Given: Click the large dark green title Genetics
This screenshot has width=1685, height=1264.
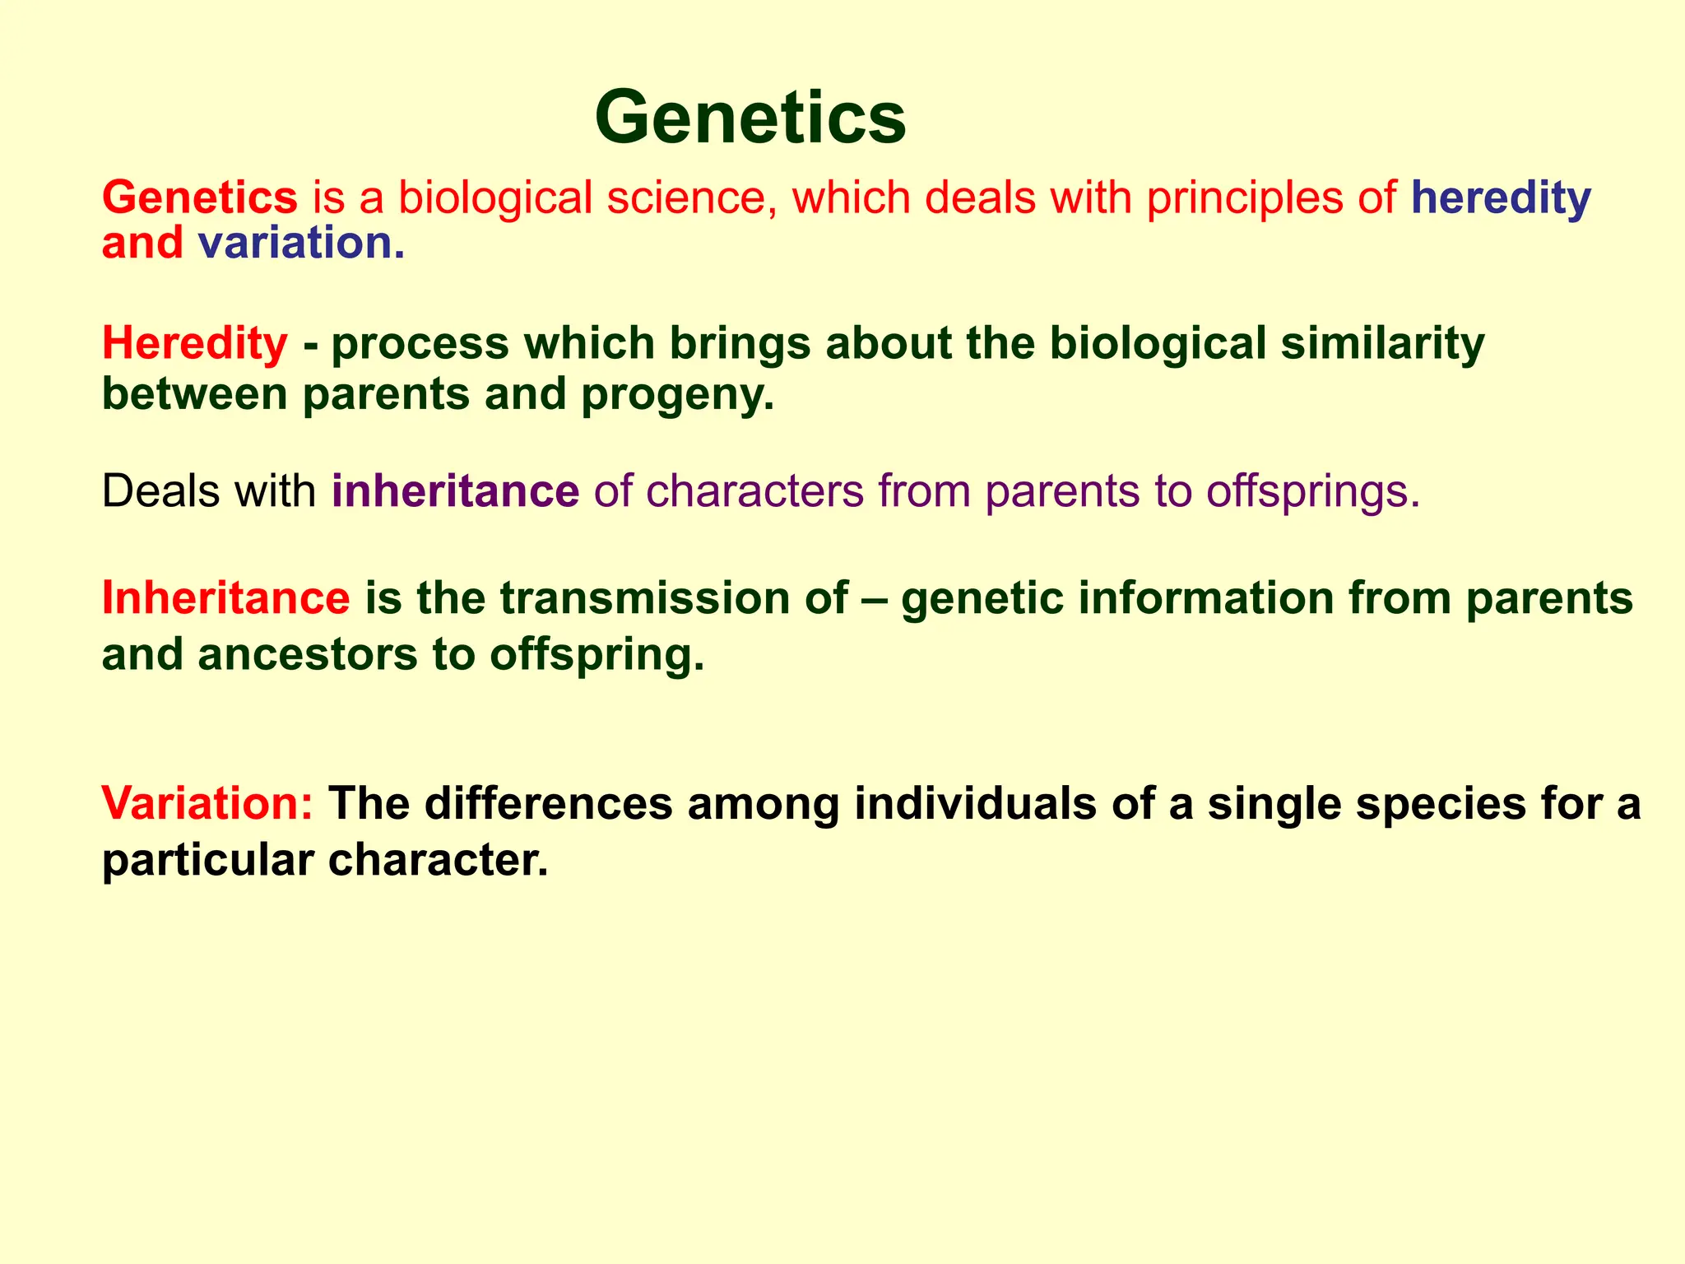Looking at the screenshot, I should [750, 117].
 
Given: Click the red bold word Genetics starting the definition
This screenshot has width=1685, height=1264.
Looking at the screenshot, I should [199, 198].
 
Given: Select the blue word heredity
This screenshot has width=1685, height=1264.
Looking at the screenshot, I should [1501, 198].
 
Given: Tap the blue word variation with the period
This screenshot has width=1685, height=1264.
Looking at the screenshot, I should [301, 244].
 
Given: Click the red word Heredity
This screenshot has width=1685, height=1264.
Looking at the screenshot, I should [194, 343].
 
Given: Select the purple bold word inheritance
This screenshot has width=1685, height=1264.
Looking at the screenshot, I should [455, 491].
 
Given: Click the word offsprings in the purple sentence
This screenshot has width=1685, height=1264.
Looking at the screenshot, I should [1313, 491].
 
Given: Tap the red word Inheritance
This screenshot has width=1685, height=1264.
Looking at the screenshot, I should [225, 597].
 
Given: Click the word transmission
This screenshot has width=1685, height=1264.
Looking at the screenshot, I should [674, 597].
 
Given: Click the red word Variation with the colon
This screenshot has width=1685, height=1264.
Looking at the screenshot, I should [207, 803].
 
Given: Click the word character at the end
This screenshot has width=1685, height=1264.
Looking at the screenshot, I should [437, 861].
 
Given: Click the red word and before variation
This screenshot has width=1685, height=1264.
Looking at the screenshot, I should [142, 244].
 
